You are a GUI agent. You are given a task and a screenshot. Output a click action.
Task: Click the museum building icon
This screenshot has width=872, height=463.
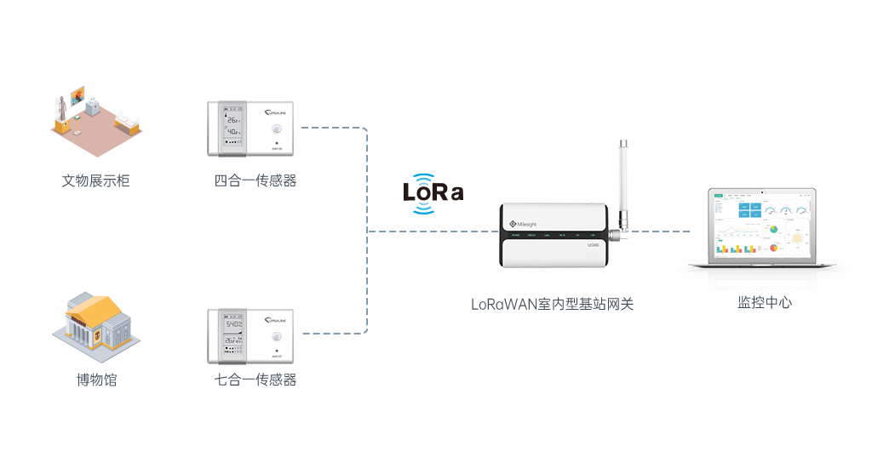95,329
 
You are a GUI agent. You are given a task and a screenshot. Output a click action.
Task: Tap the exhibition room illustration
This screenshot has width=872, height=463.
95,121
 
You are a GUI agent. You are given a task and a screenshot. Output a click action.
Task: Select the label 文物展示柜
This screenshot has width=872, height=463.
96,180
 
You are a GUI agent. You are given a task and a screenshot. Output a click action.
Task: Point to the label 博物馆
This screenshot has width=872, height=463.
96,380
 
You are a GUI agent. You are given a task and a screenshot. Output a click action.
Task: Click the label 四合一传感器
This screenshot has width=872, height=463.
255,180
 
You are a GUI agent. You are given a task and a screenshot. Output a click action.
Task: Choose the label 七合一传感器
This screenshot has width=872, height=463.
255,380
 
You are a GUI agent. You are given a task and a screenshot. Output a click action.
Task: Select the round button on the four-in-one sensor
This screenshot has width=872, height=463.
276,129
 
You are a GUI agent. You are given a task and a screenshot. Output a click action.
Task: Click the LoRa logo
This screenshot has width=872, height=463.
433,193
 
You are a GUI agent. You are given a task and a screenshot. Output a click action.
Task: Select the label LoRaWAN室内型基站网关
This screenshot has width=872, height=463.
553,304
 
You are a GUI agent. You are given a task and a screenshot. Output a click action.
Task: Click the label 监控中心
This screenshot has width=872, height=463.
764,304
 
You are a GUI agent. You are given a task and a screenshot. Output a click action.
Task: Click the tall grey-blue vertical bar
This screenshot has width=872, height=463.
335,230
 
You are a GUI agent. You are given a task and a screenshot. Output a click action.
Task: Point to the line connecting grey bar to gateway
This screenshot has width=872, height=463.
433,231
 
